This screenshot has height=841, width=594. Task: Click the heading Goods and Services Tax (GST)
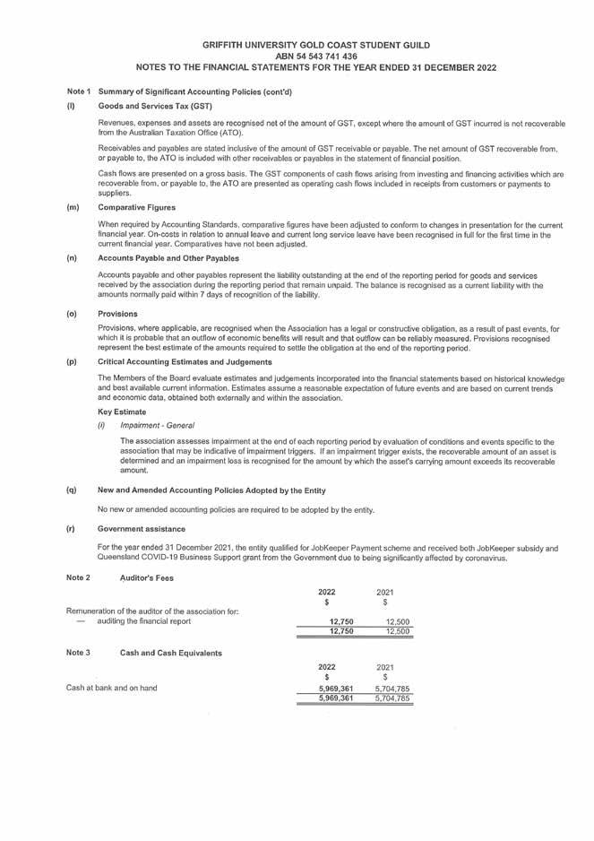click(x=149, y=107)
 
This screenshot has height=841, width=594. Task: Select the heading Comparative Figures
click(x=138, y=208)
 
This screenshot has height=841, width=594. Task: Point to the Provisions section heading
click(x=117, y=314)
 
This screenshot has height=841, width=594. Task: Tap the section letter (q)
click(x=72, y=490)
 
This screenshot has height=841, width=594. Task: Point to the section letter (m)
click(x=73, y=208)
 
